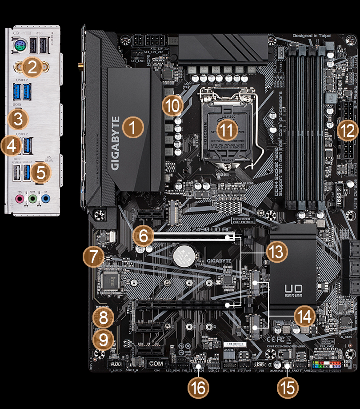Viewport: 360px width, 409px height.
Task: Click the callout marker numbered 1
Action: tap(132, 127)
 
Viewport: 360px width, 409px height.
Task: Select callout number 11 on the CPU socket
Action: tap(227, 130)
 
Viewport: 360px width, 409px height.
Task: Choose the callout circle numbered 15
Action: tap(288, 388)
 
